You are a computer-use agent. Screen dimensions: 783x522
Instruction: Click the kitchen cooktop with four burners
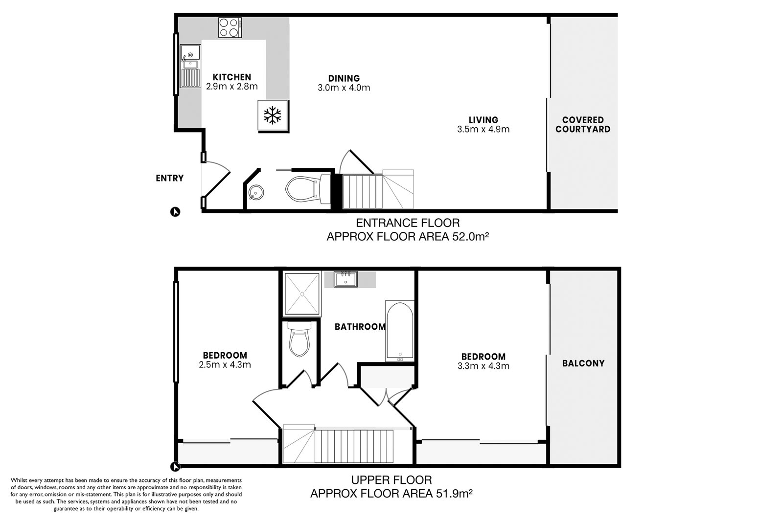coord(230,27)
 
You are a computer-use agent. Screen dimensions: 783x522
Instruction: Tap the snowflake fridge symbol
coord(272,115)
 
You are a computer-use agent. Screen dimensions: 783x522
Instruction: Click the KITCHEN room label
coord(232,77)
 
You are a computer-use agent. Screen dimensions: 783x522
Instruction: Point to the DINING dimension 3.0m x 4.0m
coord(344,88)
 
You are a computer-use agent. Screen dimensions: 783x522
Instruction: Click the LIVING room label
coord(484,120)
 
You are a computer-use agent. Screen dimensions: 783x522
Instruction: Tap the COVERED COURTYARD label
coord(583,125)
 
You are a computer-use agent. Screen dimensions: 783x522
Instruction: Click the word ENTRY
coord(169,178)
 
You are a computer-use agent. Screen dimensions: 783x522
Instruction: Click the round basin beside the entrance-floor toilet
coord(256,192)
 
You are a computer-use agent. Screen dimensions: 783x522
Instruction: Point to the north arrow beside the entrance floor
coord(175,212)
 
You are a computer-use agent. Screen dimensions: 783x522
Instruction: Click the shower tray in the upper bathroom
coord(302,294)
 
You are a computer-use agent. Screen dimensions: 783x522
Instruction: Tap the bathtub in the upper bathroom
coord(400,331)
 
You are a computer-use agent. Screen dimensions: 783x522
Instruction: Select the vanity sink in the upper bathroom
coord(345,279)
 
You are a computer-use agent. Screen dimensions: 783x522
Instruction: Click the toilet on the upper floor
coord(299,339)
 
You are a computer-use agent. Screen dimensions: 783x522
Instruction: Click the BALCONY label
coord(583,363)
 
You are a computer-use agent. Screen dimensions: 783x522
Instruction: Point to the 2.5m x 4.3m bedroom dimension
coord(225,365)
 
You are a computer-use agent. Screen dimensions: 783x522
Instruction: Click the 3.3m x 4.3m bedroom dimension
coord(484,366)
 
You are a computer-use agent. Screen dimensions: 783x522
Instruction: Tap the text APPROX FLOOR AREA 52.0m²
coord(408,237)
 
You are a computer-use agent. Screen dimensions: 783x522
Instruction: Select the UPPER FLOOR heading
coord(391,480)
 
